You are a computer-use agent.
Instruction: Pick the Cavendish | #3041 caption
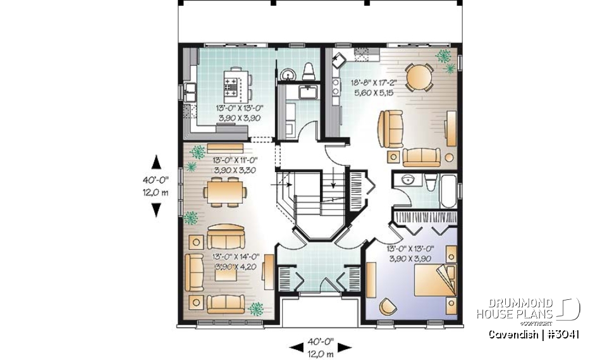coord(534,335)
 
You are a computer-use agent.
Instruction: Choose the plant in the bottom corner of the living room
coord(256,309)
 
